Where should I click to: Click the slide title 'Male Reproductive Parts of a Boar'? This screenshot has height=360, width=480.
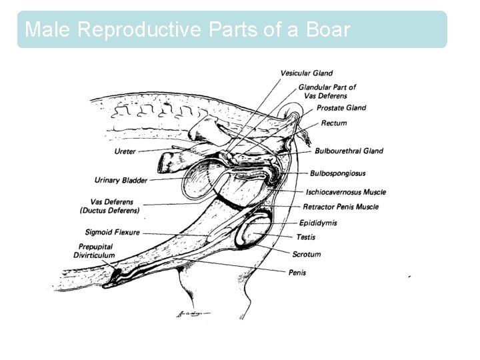[x=187, y=29]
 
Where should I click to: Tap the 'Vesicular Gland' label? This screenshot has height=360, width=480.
[x=306, y=73]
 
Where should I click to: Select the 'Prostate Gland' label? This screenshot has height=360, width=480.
[x=341, y=108]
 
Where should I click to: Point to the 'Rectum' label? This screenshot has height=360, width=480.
[x=333, y=123]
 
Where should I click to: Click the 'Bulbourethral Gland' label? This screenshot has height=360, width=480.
[x=349, y=151]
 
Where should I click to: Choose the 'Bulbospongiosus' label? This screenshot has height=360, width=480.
[x=337, y=174]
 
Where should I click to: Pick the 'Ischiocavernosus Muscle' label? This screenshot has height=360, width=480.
[x=345, y=192]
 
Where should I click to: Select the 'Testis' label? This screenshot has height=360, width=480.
[x=305, y=237]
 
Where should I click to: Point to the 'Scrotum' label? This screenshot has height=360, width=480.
[x=307, y=254]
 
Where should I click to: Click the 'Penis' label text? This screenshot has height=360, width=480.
[x=297, y=272]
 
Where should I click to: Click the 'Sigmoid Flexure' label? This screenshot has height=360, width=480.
[x=112, y=233]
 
